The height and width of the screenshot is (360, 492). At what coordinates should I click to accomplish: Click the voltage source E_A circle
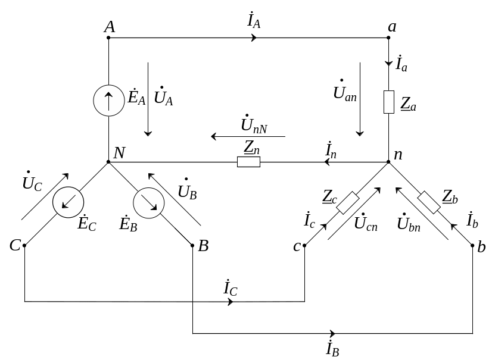tap(108, 100)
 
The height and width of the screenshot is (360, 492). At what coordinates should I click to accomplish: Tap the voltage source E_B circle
tap(148, 204)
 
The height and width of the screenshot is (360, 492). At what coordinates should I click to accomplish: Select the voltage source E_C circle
tap(68, 203)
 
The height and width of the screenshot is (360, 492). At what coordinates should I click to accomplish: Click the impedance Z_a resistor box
tap(389, 102)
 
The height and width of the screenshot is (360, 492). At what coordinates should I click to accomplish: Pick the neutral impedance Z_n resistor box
tap(248, 162)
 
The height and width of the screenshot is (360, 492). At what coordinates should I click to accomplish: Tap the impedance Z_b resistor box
tap(429, 202)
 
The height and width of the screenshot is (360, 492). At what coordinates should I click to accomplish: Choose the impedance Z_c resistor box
tap(348, 203)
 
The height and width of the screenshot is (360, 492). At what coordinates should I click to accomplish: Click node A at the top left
tap(108, 38)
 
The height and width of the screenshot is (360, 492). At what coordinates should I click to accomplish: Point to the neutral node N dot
tap(108, 161)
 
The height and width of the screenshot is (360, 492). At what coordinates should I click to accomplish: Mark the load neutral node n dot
tap(389, 161)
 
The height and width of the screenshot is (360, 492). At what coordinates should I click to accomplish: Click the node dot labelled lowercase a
tap(389, 38)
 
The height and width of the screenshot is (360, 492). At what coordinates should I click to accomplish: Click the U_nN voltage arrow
tap(248, 137)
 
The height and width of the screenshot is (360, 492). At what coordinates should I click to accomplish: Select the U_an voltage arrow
tap(360, 99)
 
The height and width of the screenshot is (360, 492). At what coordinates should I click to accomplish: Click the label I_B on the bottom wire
tap(332, 348)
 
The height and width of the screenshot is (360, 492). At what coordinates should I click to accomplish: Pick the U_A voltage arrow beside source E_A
tap(148, 99)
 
